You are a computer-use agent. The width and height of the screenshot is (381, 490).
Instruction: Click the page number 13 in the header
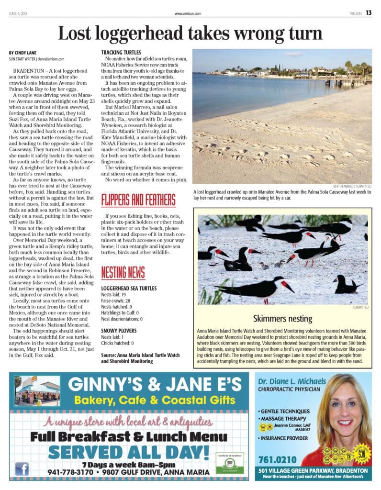(x=369, y=13)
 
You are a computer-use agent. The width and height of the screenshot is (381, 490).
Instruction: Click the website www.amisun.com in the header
(x=188, y=13)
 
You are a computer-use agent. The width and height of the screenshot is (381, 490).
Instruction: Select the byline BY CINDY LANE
(x=23, y=52)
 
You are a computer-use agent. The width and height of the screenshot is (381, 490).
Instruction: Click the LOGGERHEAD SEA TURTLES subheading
(x=129, y=289)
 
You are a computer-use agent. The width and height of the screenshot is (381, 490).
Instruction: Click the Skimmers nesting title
(x=282, y=318)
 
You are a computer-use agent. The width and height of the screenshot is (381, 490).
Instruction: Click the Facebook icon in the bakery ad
(x=22, y=468)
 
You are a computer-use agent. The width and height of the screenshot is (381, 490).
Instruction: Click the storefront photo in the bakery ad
(x=37, y=390)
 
